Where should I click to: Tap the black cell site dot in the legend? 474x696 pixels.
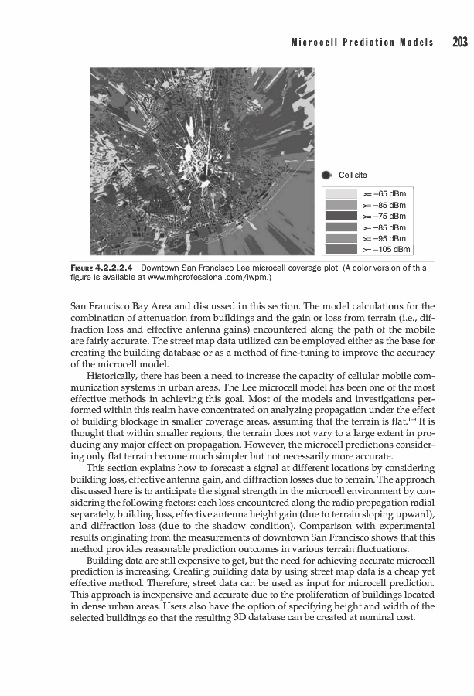point(327,175)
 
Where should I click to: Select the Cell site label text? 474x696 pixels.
point(353,175)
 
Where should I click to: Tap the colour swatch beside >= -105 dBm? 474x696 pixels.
point(341,249)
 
